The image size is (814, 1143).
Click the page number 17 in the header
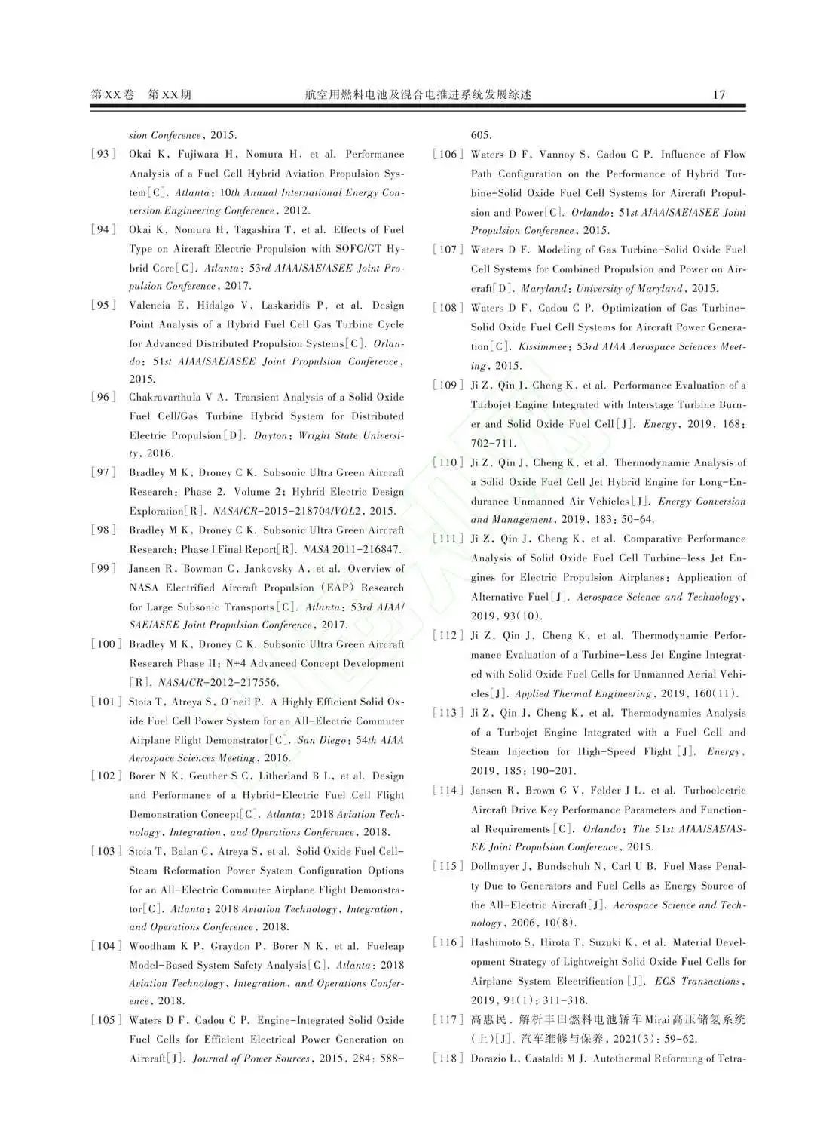click(718, 94)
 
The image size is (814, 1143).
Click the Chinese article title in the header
click(418, 94)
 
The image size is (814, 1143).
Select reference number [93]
click(103, 154)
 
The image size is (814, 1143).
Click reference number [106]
click(448, 155)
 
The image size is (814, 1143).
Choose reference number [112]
click(448, 635)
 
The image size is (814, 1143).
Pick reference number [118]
click(448, 1059)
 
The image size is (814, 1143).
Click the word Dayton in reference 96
click(270, 435)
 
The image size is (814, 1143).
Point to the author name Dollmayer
click(494, 866)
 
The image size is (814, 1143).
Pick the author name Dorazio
click(491, 1059)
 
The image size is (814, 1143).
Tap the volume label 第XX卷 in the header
click(112, 94)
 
